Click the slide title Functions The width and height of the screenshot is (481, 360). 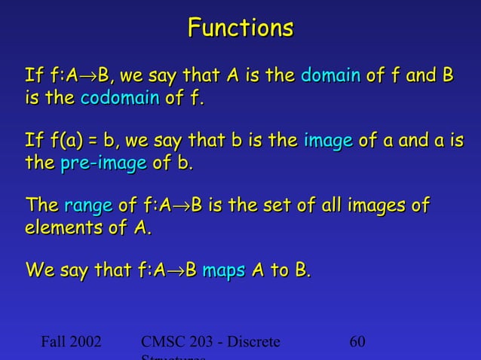coord(240,29)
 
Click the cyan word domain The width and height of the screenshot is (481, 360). coord(330,76)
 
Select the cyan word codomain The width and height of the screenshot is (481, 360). coord(119,98)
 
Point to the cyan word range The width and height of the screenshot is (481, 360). coord(89,206)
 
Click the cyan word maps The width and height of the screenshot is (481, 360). coord(224,270)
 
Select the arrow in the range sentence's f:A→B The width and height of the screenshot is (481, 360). coord(182,206)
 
